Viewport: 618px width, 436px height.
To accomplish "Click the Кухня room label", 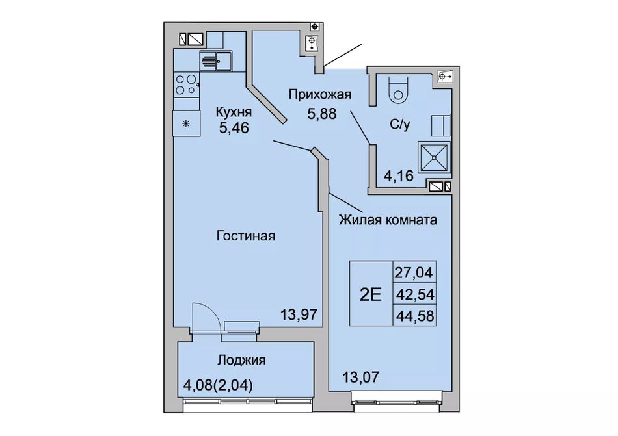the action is click(x=234, y=112).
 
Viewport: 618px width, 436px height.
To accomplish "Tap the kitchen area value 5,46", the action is click(x=234, y=128).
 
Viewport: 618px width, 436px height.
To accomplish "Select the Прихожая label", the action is click(x=319, y=95).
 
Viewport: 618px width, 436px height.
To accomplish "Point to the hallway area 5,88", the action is click(x=321, y=113).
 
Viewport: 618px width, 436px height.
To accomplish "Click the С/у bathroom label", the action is click(x=400, y=125).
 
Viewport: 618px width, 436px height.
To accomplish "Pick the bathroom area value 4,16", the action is click(x=399, y=175).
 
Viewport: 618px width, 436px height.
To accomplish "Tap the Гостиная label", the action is click(x=246, y=236).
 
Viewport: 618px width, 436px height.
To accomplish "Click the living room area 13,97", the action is click(x=299, y=314).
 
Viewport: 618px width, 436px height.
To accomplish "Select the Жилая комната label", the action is click(x=388, y=219).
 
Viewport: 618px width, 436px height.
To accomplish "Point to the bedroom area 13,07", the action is click(x=360, y=377).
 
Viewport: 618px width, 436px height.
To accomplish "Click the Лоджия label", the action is click(x=242, y=360).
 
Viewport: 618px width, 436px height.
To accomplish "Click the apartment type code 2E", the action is click(x=371, y=294).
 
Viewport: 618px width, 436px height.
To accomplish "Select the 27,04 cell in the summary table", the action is click(x=414, y=272).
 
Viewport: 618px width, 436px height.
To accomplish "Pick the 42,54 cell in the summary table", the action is click(x=414, y=294).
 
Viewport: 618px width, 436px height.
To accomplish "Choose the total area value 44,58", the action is click(x=414, y=315).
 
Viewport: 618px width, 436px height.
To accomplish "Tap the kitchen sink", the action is click(x=216, y=61).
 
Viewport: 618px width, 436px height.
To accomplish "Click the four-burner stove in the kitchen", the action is click(x=186, y=84).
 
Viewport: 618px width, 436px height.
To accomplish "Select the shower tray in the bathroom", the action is click(x=434, y=157).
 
